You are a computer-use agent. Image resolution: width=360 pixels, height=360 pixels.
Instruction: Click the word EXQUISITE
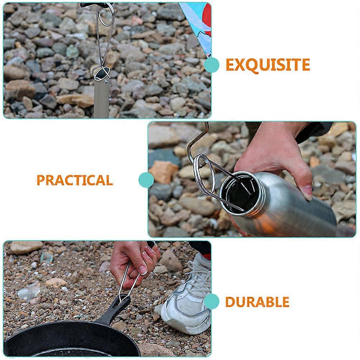pos(268,65)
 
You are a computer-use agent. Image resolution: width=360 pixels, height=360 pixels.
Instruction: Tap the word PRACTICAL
pos(75,180)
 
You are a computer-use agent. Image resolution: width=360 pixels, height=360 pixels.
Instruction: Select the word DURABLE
pos(257,302)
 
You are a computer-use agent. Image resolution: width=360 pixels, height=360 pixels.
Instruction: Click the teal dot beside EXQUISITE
pos(212,65)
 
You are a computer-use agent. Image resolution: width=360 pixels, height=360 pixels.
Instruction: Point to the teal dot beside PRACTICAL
pos(146,180)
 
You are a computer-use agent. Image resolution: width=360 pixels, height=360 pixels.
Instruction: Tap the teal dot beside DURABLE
pos(212,301)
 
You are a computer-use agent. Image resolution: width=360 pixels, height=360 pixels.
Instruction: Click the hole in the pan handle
pos(122,301)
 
